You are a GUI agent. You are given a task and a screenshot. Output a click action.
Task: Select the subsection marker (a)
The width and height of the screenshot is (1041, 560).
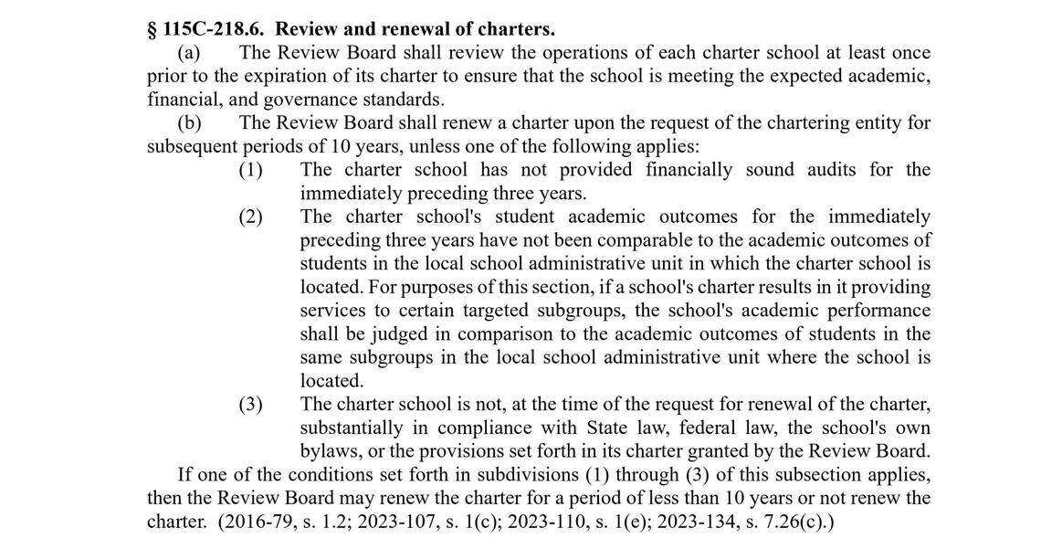[189, 53]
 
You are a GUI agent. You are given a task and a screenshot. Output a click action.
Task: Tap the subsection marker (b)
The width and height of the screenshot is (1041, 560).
[189, 122]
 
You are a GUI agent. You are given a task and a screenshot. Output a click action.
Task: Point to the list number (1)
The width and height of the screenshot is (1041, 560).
[250, 170]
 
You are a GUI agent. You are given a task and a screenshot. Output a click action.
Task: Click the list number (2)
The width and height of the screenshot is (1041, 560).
[250, 217]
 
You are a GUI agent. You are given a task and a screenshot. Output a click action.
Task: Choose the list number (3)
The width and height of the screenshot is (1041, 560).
[250, 404]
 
